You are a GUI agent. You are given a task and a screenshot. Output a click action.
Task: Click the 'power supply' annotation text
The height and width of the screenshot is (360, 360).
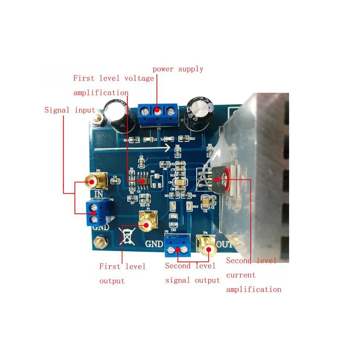pos(178,69)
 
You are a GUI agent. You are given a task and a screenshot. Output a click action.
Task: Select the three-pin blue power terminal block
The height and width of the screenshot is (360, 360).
pos(157,114)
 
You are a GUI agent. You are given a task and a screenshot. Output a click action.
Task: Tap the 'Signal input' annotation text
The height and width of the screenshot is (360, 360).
pos(70,110)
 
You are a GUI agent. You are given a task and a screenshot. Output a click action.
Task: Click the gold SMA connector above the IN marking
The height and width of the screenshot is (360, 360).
pos(96,181)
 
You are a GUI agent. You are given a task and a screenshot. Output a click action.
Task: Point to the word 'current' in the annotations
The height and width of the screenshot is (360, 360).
pos(241,275)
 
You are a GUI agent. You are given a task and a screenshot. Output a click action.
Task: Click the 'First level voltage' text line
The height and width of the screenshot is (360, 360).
pos(113,78)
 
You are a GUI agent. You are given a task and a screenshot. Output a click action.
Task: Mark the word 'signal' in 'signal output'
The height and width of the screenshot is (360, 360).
pos(178,280)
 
